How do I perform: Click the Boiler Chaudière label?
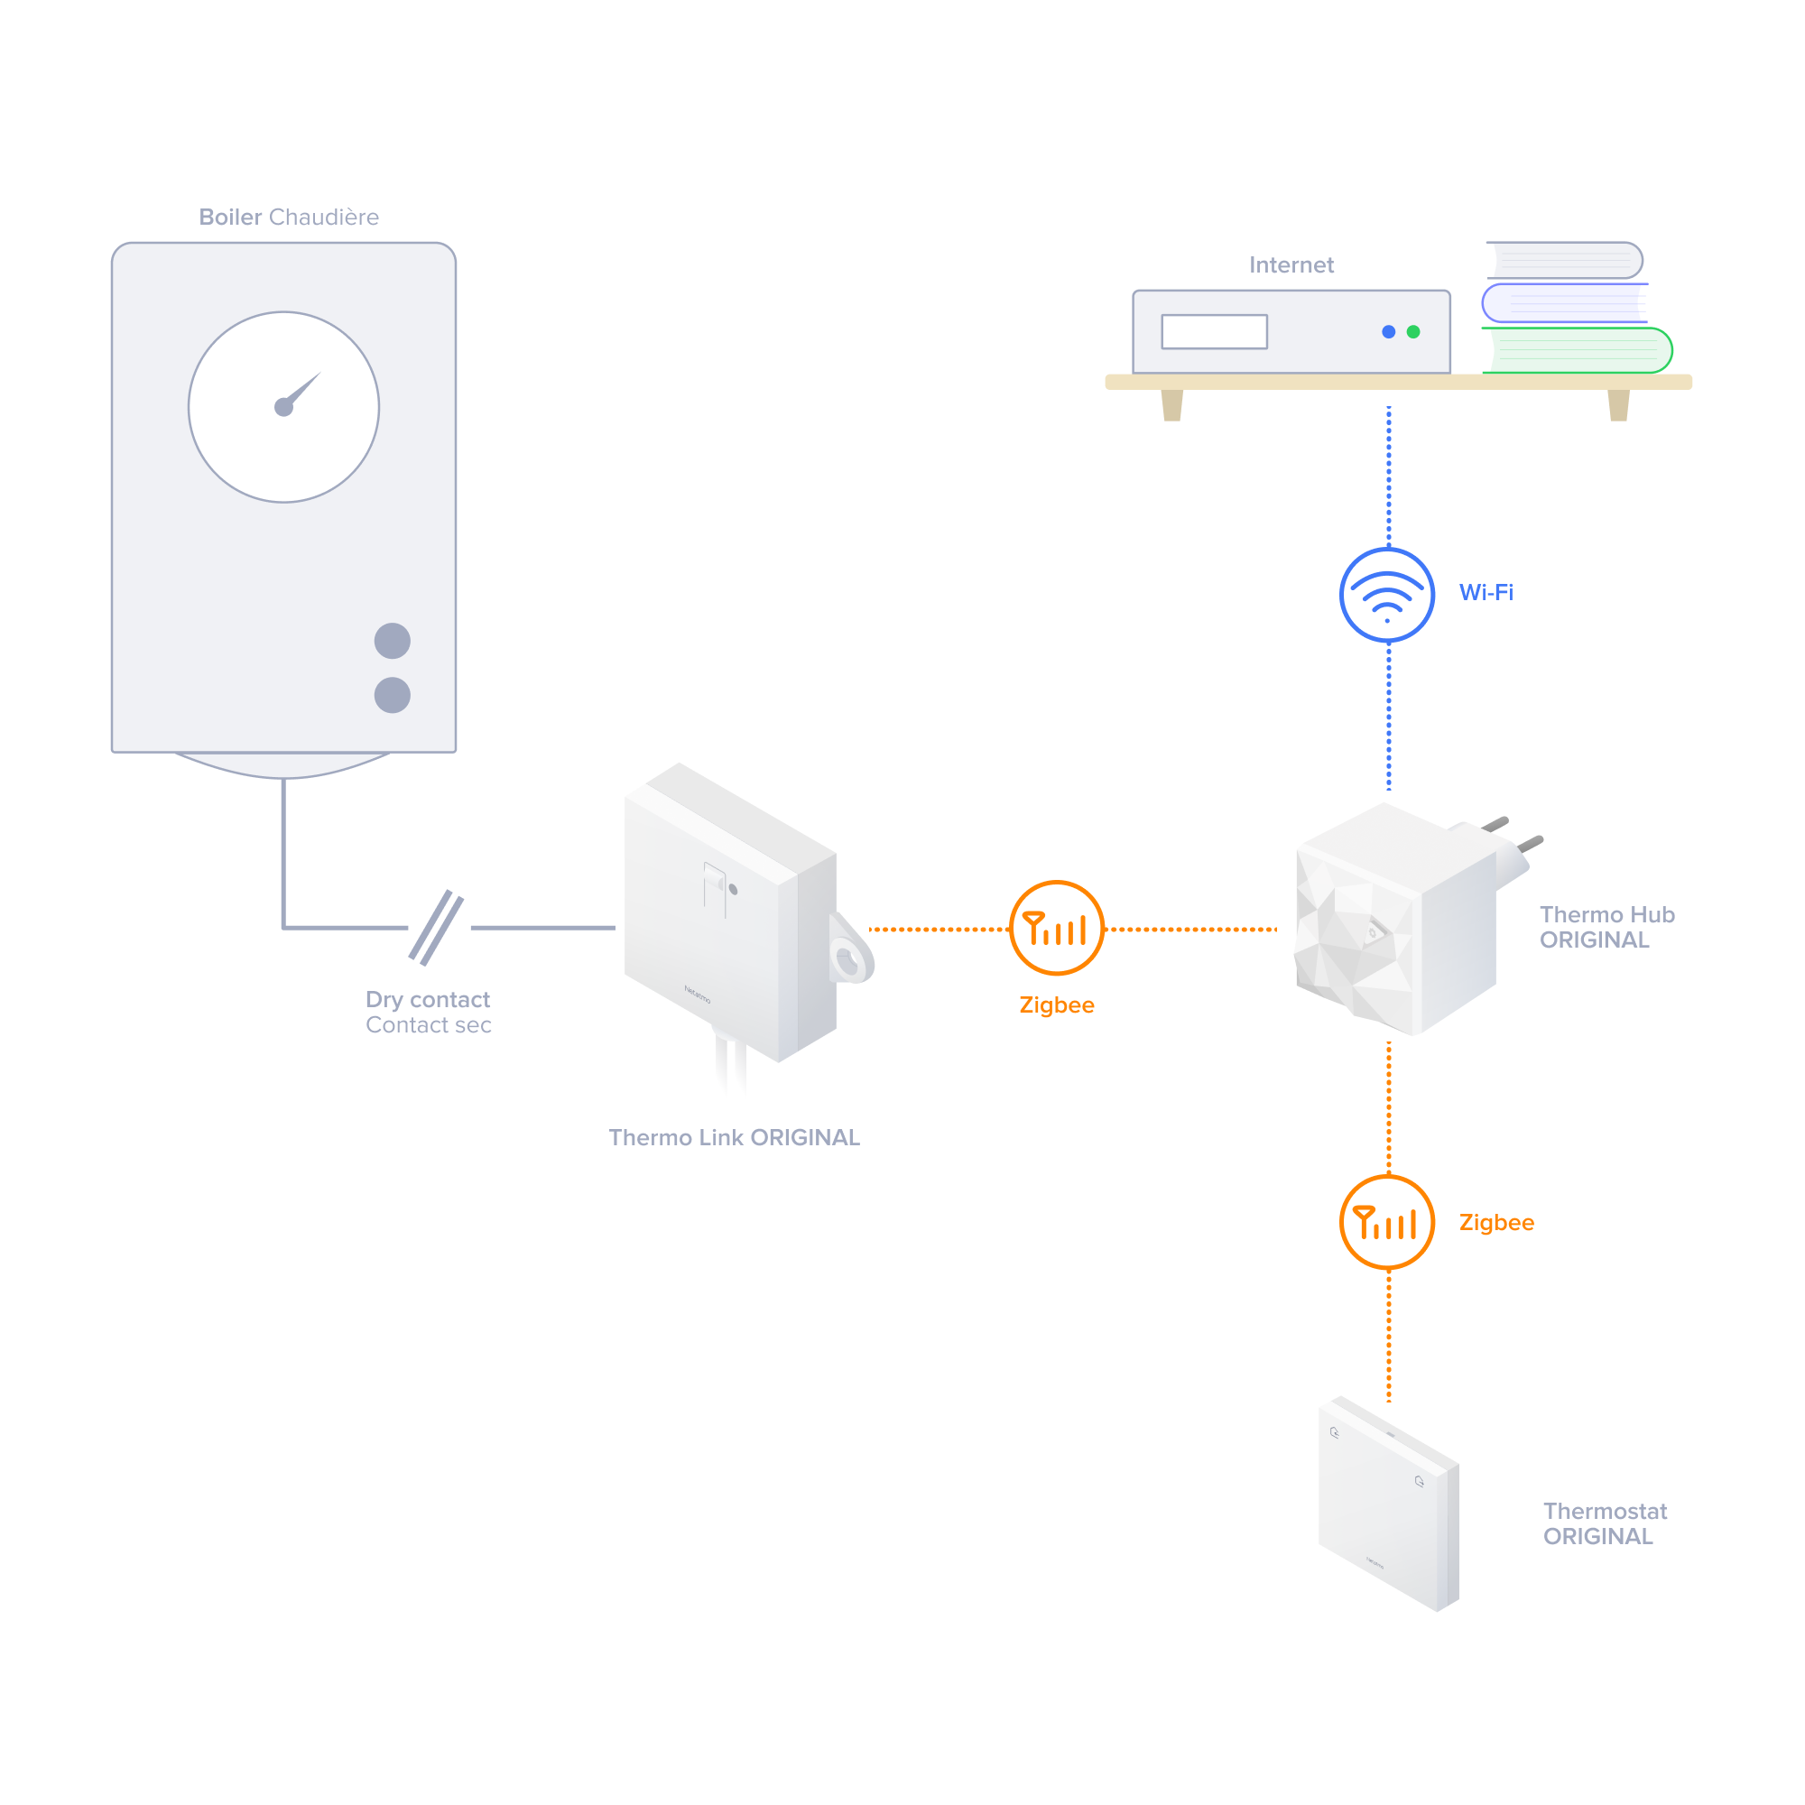289,218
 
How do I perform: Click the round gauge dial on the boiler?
284,407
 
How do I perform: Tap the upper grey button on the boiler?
393,641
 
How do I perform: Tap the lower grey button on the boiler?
393,695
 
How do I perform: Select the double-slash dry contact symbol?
436,928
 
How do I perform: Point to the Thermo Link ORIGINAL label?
735,1138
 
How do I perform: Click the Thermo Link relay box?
728,915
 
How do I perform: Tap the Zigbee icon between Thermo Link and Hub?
1057,928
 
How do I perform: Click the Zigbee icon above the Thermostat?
1387,1222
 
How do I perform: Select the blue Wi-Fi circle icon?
1387,595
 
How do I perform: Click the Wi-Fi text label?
1486,592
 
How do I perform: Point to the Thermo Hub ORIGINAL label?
1607,928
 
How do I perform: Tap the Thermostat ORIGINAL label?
1605,1523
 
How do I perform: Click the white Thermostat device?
1388,1504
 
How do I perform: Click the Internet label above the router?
1291,265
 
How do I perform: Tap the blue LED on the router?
1388,331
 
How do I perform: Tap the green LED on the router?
1413,331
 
